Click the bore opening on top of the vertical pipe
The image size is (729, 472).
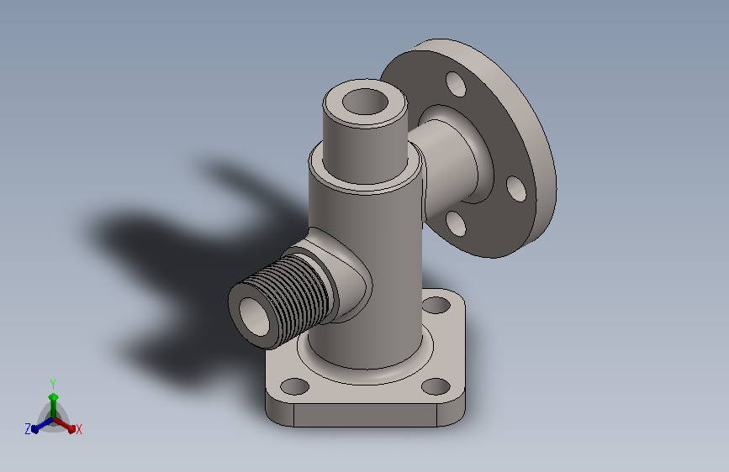365,102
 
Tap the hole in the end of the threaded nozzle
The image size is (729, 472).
254,317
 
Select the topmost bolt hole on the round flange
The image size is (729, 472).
456,84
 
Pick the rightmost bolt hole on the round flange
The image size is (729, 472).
516,189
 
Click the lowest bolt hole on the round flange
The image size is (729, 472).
456,223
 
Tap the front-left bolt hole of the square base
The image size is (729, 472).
295,386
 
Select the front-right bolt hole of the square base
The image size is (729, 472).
436,386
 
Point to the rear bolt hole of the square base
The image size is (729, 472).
436,305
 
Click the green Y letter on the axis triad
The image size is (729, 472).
53,385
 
